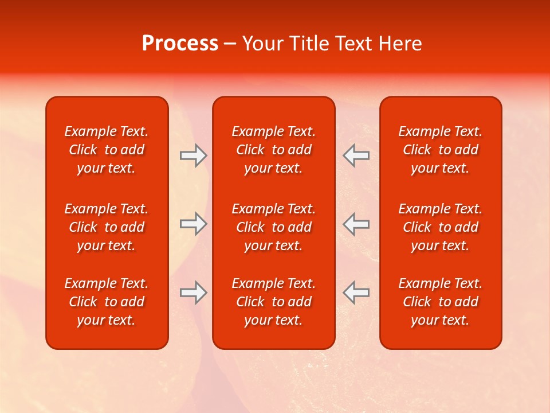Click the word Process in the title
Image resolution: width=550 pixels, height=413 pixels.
[x=180, y=44]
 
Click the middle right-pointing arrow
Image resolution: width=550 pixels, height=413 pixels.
[x=193, y=224]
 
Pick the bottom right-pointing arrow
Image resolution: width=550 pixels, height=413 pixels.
[x=193, y=293]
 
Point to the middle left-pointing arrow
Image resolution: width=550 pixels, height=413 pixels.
[x=356, y=224]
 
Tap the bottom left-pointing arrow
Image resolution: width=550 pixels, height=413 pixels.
[x=356, y=293]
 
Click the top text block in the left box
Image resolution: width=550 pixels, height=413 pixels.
[x=107, y=150]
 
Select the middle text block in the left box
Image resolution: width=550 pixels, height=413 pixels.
[x=107, y=227]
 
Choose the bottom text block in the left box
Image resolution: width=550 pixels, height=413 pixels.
[x=107, y=302]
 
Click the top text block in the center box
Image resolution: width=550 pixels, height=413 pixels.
[x=274, y=150]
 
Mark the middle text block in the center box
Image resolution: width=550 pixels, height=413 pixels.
[x=274, y=227]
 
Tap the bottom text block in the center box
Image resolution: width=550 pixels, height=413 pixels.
[x=274, y=302]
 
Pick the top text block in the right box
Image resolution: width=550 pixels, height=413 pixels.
[x=441, y=150]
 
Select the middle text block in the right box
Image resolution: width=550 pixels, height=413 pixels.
[x=441, y=227]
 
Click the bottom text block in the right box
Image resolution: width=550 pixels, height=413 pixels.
[x=441, y=302]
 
